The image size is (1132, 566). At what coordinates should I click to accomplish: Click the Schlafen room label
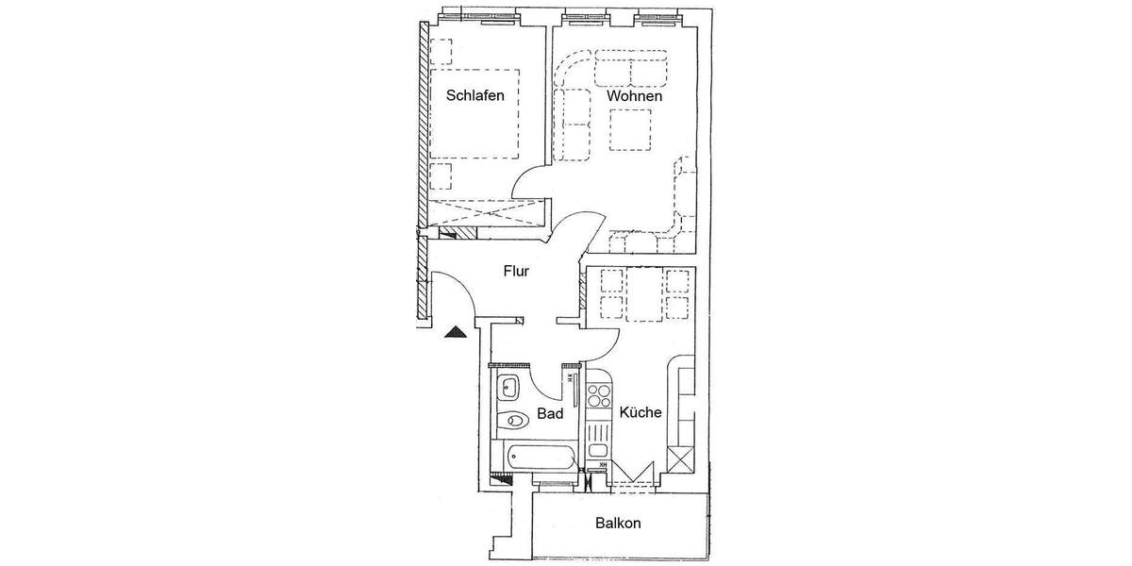(475, 95)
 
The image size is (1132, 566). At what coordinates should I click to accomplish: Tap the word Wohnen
(634, 96)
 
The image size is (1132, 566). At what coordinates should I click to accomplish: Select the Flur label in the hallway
(516, 272)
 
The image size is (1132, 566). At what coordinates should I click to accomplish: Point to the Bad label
(550, 413)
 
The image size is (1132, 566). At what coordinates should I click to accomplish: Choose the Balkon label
(618, 524)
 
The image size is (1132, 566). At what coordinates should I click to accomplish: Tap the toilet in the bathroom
(514, 421)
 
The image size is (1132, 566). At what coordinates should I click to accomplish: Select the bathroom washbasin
(509, 386)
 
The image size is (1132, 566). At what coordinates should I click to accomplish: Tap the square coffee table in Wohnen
(630, 129)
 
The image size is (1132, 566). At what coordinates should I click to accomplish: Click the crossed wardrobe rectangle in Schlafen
(487, 213)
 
